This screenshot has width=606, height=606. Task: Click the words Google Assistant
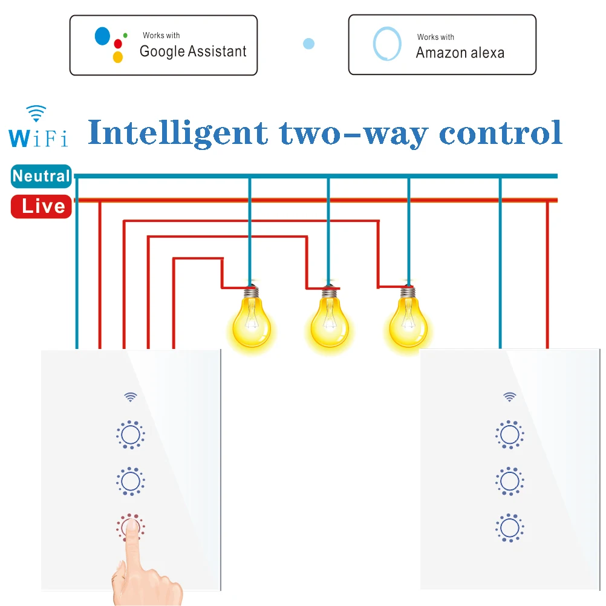pyautogui.click(x=193, y=51)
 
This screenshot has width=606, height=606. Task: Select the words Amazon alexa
pyautogui.click(x=460, y=53)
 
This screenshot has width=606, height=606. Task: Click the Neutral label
pyautogui.click(x=41, y=176)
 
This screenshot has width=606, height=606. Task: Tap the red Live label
pyautogui.click(x=42, y=206)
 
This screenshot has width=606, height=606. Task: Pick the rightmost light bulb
pyautogui.click(x=407, y=324)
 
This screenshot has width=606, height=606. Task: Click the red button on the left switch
pyautogui.click(x=130, y=528)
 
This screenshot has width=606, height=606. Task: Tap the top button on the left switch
pyautogui.click(x=130, y=434)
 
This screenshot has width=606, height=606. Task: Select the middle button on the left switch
pyautogui.click(x=130, y=481)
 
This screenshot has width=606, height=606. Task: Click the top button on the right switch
pyautogui.click(x=509, y=434)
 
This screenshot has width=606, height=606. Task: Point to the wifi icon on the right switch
pyautogui.click(x=510, y=397)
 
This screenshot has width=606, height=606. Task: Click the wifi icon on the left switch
pyautogui.click(x=130, y=397)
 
